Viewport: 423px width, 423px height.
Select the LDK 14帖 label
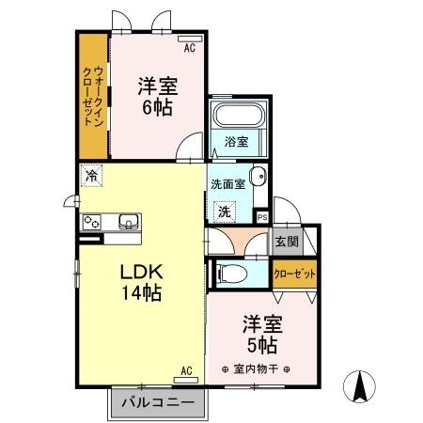pyautogui.click(x=140, y=281)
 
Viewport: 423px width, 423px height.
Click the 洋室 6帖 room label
pyautogui.click(x=158, y=95)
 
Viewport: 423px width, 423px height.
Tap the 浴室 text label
pyautogui.click(x=236, y=142)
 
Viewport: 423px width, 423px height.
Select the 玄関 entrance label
pyautogui.click(x=286, y=241)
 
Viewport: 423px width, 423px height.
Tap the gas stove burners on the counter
pyautogui.click(x=93, y=223)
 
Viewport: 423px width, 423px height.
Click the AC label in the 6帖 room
pyautogui.click(x=188, y=48)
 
